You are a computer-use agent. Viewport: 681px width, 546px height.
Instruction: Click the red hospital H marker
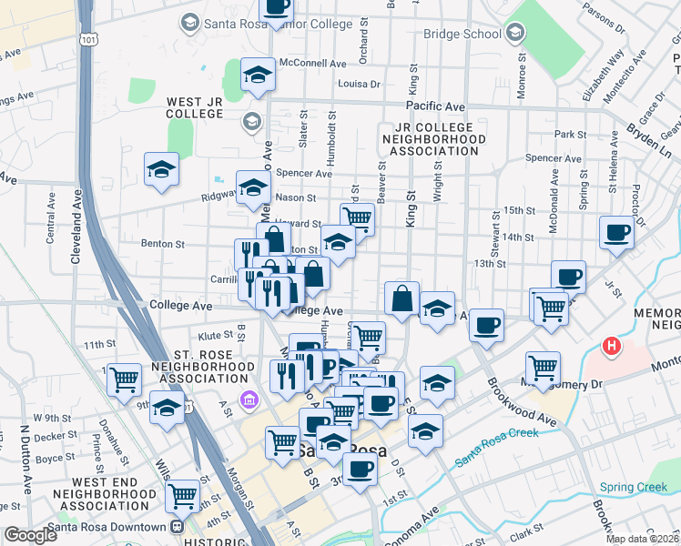click(x=612, y=347)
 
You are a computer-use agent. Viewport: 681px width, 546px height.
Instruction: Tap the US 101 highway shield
click(x=86, y=39)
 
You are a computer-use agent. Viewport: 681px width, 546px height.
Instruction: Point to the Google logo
click(x=29, y=534)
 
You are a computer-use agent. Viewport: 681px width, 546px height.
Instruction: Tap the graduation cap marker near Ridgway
click(x=254, y=187)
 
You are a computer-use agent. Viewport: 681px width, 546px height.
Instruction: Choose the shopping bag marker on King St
click(x=401, y=298)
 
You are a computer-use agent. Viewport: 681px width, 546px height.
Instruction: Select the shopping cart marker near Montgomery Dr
click(x=544, y=366)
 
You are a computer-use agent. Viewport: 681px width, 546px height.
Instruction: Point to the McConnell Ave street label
click(x=313, y=64)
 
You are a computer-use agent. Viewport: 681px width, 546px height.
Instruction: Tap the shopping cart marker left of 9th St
click(x=124, y=378)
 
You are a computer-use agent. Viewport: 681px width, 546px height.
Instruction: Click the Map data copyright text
click(x=641, y=539)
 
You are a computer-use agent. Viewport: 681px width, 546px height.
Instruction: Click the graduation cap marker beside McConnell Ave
click(x=259, y=75)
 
